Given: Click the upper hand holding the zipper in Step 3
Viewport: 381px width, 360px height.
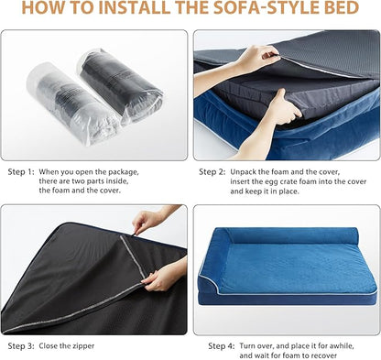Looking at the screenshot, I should point(148,221).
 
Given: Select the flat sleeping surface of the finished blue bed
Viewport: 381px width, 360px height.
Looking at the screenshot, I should point(284,275).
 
